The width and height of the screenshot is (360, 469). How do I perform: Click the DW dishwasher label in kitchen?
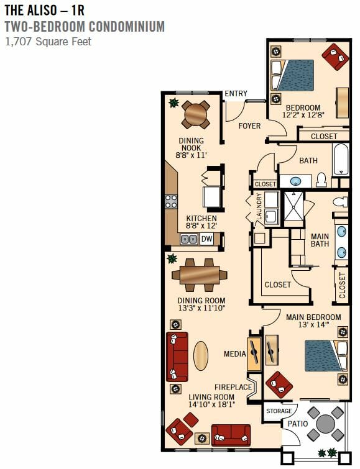tap(206, 239)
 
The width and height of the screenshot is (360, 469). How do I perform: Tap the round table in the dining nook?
tap(196, 114)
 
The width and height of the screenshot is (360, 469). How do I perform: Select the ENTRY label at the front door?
tap(236, 94)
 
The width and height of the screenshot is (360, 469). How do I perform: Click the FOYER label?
tap(249, 126)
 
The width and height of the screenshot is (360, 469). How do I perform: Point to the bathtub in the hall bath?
tap(341, 159)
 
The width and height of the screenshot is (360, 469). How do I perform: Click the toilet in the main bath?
tap(341, 202)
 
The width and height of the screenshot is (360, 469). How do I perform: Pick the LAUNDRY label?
tap(259, 206)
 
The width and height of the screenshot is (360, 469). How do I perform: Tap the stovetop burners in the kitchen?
tap(171, 201)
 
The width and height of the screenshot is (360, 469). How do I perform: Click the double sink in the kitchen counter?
tap(188, 239)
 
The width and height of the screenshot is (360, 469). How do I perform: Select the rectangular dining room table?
tap(200, 275)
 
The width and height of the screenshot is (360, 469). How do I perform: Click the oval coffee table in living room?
tap(201, 356)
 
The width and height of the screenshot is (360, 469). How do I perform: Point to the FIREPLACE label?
tap(233, 387)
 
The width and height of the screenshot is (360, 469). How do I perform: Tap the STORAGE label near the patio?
tap(279, 411)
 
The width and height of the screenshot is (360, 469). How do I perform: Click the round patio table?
tap(326, 424)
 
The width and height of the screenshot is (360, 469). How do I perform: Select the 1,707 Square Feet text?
tap(48, 42)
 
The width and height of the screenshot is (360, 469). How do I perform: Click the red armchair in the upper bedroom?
tap(335, 57)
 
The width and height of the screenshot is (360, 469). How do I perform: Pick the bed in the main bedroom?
tap(326, 356)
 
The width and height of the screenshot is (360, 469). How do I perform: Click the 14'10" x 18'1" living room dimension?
tap(211, 404)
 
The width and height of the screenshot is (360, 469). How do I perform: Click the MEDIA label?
tap(235, 354)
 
